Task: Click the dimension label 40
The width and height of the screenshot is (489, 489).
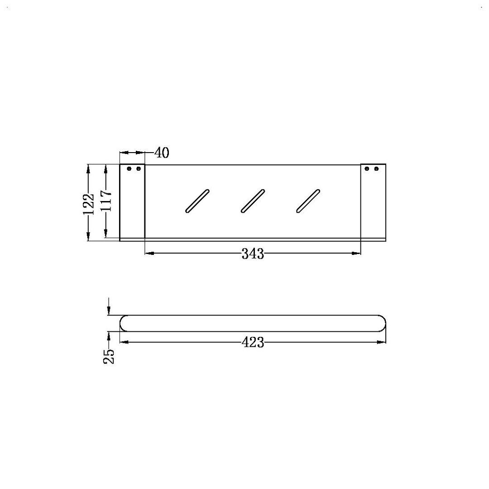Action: pyautogui.click(x=162, y=153)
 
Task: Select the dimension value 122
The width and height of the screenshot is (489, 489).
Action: pyautogui.click(x=89, y=203)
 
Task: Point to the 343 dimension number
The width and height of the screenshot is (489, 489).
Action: pyautogui.click(x=253, y=254)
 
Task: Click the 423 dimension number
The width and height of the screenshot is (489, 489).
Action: pyautogui.click(x=253, y=343)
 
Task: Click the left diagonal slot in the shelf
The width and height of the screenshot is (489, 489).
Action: pyautogui.click(x=197, y=201)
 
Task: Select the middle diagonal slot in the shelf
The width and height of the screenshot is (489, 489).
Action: pyautogui.click(x=253, y=201)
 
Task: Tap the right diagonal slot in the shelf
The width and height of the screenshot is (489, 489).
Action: pyautogui.click(x=308, y=201)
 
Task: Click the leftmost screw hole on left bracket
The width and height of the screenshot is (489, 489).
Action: pyautogui.click(x=129, y=169)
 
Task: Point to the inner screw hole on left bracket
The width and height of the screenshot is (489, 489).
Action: pyautogui.click(x=139, y=169)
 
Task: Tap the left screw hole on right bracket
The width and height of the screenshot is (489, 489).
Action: pyautogui.click(x=367, y=169)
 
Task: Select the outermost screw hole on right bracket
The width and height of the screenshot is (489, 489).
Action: pyautogui.click(x=376, y=169)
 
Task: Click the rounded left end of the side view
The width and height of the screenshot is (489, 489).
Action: pyautogui.click(x=123, y=323)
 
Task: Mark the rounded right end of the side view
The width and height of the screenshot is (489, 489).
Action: pyautogui.click(x=382, y=323)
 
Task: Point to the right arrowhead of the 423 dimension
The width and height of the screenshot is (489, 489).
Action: pyautogui.click(x=382, y=342)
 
